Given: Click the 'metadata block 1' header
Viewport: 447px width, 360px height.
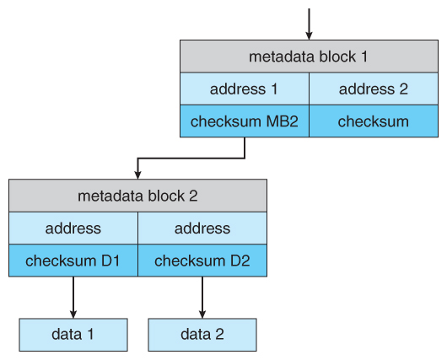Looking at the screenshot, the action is tap(309, 56).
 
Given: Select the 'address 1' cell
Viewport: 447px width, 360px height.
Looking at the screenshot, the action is tap(245, 89).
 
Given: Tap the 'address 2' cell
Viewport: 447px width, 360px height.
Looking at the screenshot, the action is tap(374, 89).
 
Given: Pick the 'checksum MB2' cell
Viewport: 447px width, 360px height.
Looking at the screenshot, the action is tap(245, 121).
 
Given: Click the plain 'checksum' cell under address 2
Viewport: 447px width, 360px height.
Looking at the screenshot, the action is tap(374, 121).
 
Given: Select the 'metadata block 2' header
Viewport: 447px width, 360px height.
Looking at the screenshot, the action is tap(138, 196).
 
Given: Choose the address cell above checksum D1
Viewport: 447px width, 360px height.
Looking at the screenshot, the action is tap(73, 228).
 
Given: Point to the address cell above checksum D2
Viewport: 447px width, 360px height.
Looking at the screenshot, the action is tap(202, 228).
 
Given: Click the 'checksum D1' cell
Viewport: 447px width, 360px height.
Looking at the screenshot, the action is tap(73, 261).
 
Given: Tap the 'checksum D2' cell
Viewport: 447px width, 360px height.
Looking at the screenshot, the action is tap(202, 261).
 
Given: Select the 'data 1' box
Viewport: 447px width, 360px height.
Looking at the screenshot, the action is tap(73, 335).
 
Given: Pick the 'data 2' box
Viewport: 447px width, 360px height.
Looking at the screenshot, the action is tap(202, 335).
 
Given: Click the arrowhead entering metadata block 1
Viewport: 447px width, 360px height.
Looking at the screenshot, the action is tap(309, 36).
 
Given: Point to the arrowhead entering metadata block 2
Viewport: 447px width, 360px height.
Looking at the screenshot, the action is tap(138, 175).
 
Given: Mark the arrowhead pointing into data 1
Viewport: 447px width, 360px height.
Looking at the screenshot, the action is tap(73, 314).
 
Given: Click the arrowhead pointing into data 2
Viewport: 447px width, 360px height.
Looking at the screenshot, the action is tap(202, 314).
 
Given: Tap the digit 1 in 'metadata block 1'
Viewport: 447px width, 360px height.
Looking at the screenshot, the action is tap(364, 56).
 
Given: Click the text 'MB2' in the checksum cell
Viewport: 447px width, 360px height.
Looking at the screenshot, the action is tap(282, 121).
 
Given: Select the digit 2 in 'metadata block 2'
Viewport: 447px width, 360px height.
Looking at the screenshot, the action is tap(193, 196).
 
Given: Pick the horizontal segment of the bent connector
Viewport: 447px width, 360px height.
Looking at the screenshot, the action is tap(191, 159).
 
